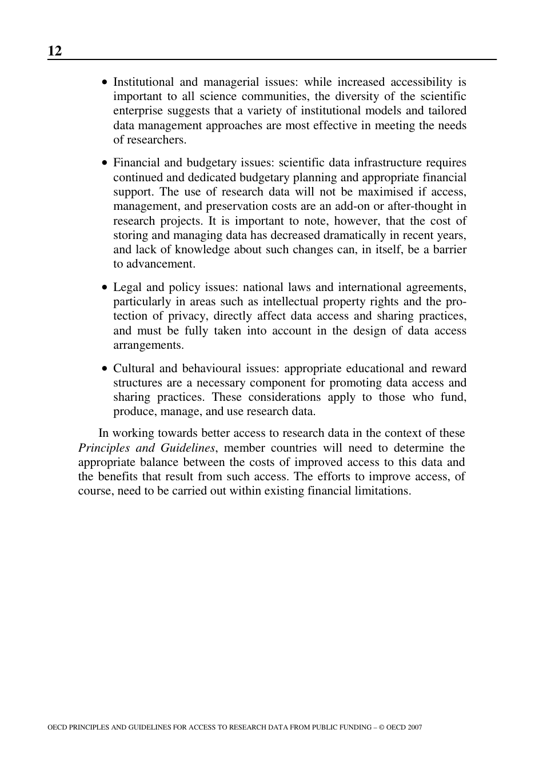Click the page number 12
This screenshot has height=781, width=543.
tap(54, 51)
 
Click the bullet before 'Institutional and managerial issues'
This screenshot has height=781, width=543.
tap(104, 83)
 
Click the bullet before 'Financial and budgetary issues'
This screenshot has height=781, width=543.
tap(104, 164)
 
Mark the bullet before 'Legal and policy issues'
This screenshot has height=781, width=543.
tap(104, 288)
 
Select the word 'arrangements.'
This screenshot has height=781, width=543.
tap(148, 345)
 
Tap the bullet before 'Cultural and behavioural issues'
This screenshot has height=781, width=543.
tap(104, 369)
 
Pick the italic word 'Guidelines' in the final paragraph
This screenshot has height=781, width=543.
tap(187, 448)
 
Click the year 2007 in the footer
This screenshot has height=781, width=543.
tap(415, 728)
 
